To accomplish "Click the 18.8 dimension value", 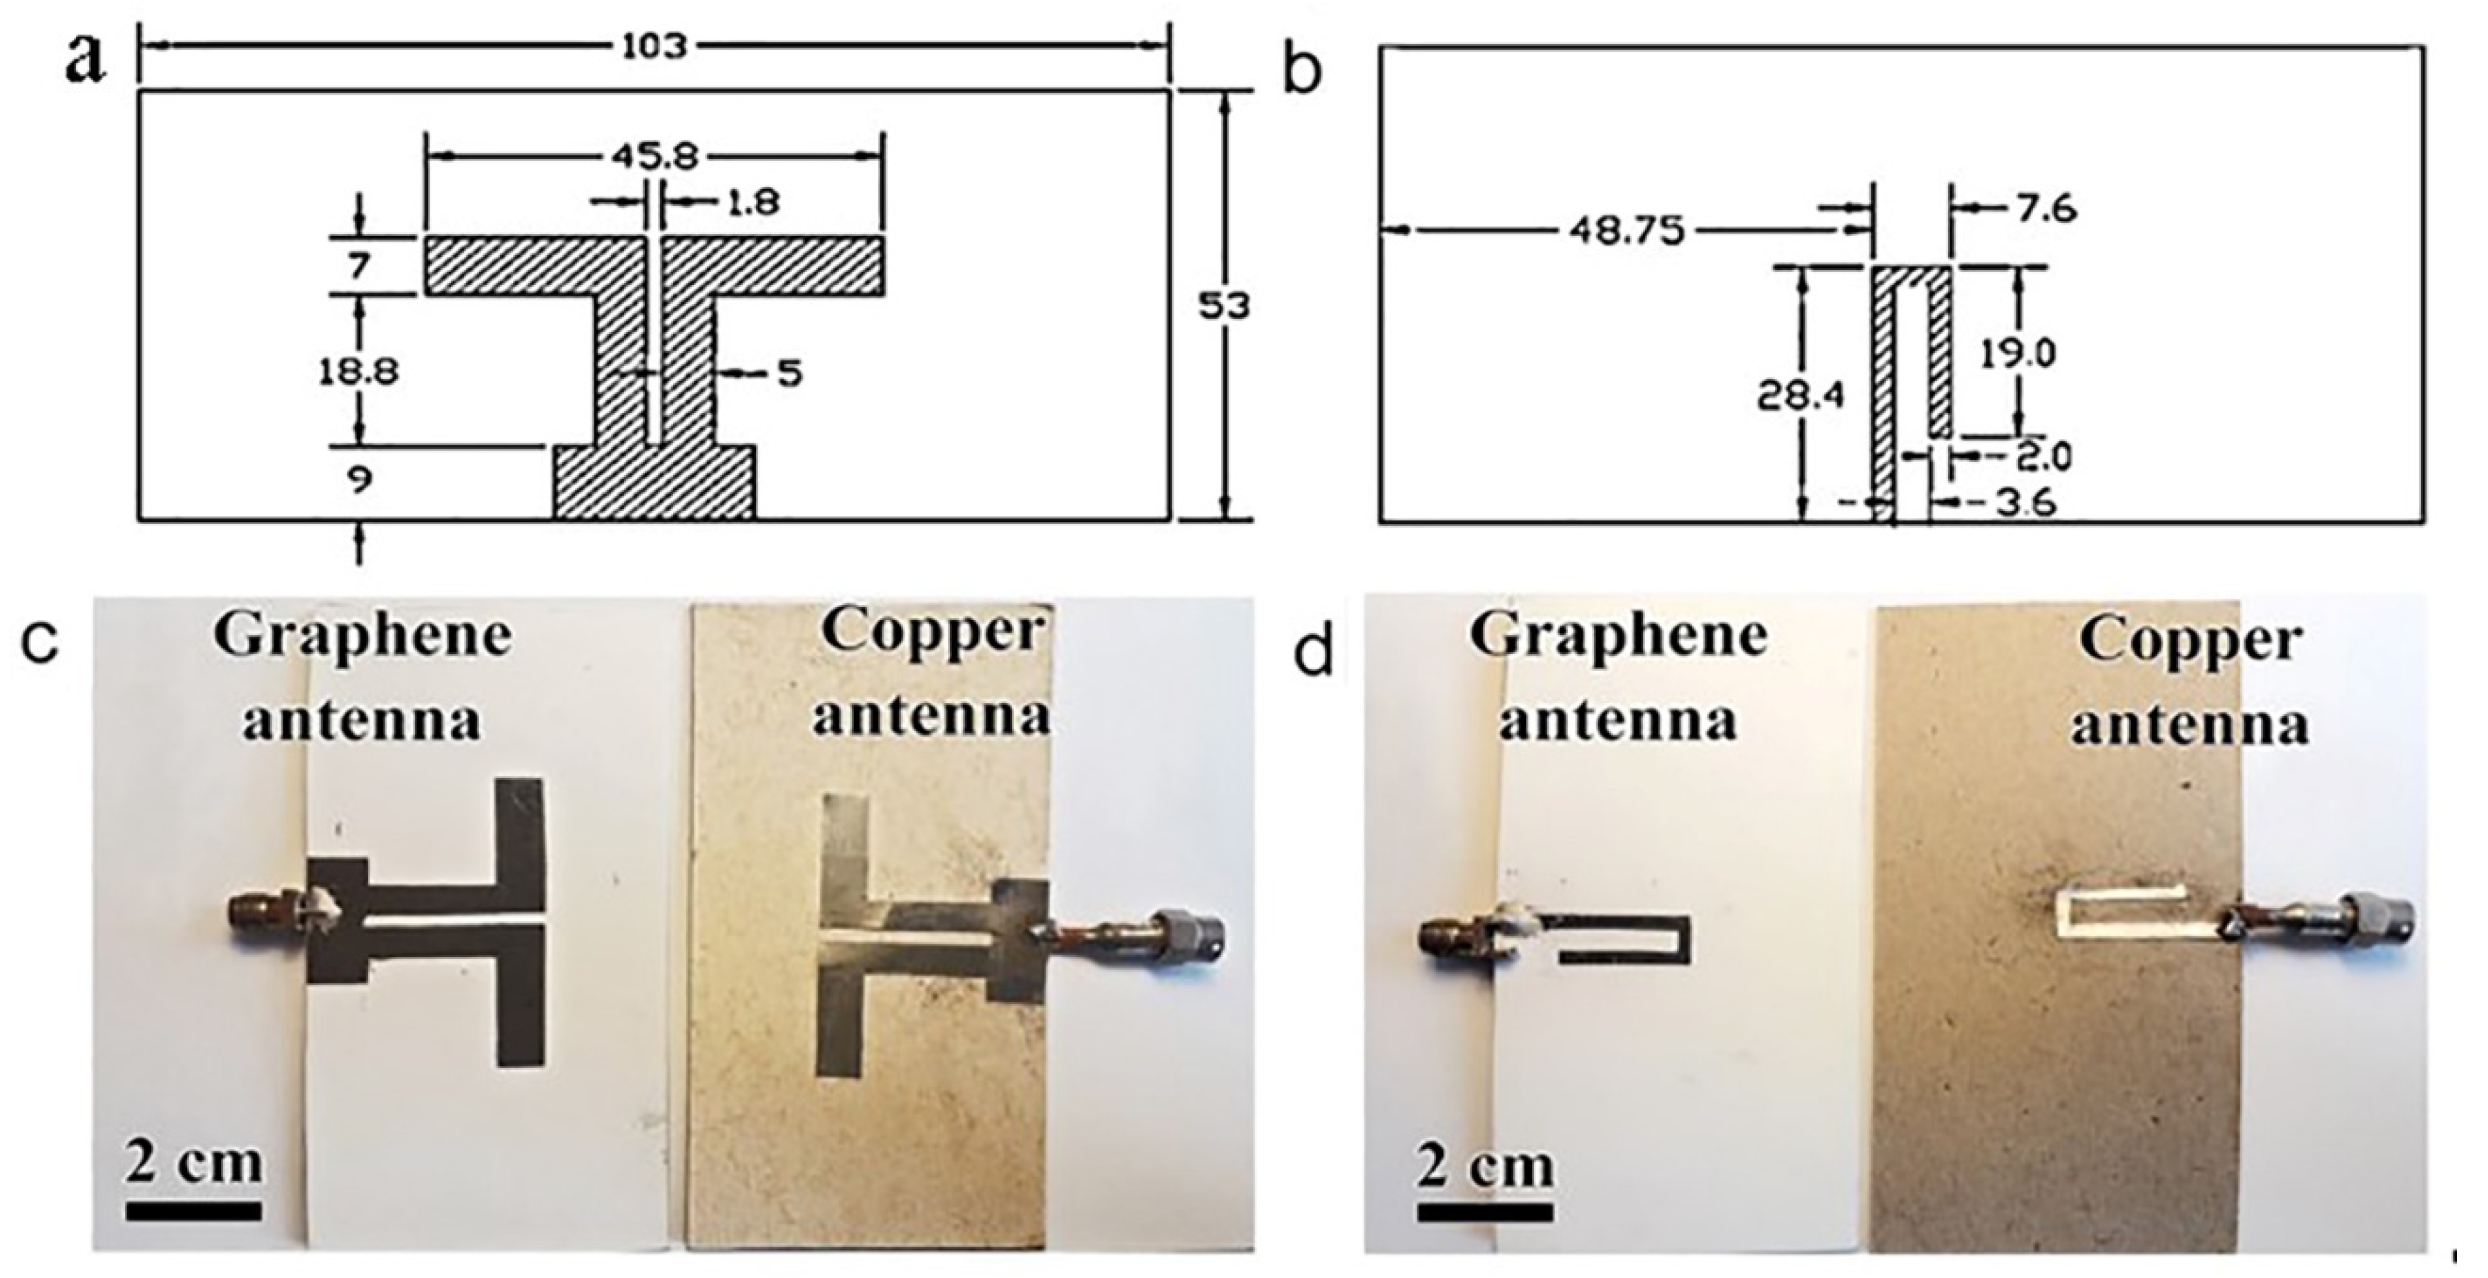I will (359, 371).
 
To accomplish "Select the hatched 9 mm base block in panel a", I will (654, 482).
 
